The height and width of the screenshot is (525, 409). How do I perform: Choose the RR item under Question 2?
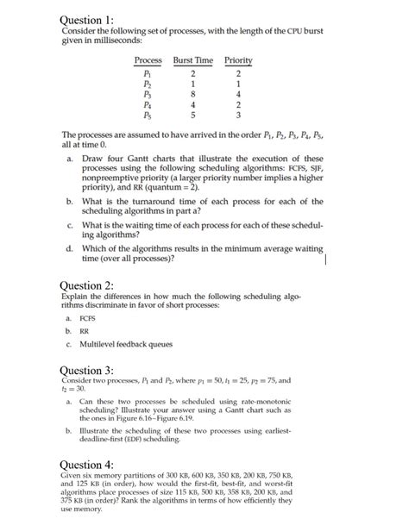point(87,328)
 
